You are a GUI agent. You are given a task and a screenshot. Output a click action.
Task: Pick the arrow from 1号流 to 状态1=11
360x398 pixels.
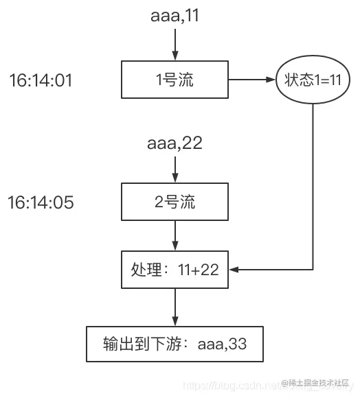tap(251, 80)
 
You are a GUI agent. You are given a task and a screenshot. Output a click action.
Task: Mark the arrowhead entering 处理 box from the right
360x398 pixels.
tap(234, 270)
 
